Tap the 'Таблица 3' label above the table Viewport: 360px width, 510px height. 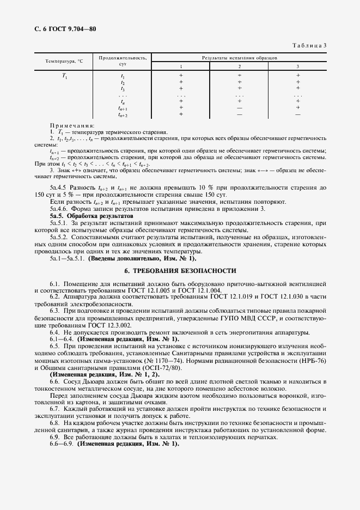[309, 46]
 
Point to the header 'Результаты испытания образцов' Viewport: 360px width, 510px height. [240, 57]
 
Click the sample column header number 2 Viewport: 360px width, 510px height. [239, 66]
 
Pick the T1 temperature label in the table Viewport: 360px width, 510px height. [65, 76]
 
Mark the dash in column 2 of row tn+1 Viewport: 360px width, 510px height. [239, 108]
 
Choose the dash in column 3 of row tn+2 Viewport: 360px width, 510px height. [298, 114]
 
